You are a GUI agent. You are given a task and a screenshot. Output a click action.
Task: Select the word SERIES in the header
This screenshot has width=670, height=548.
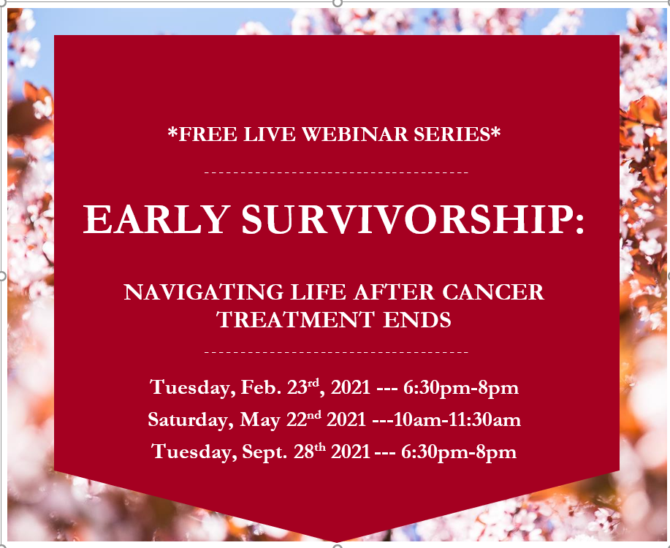click(x=452, y=134)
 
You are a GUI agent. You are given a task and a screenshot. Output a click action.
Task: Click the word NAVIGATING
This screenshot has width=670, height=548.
click(x=203, y=292)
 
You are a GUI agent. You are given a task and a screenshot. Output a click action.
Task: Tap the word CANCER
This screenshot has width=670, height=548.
click(x=493, y=292)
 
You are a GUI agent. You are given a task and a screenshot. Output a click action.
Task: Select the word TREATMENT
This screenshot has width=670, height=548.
click(x=295, y=320)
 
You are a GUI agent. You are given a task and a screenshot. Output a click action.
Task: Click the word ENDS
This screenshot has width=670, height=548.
click(x=416, y=320)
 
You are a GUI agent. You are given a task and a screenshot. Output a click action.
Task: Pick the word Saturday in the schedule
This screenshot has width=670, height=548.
click(x=191, y=419)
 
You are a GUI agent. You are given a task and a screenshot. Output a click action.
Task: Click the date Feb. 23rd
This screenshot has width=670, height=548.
click(x=280, y=387)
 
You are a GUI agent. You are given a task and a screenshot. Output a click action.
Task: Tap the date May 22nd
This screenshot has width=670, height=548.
click(x=281, y=419)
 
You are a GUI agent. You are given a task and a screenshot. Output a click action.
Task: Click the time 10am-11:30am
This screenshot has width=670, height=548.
click(x=457, y=419)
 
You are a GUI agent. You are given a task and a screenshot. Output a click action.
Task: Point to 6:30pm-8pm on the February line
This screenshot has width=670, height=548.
click(x=461, y=388)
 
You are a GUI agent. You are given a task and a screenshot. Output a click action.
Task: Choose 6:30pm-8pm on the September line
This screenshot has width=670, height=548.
click(x=459, y=452)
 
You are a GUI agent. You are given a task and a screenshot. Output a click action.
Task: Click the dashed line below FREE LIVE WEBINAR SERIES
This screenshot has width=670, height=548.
click(x=336, y=172)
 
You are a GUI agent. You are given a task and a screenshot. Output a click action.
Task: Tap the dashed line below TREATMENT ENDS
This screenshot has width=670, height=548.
click(x=336, y=352)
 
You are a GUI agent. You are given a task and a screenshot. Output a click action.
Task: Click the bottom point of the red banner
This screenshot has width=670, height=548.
click(x=337, y=542)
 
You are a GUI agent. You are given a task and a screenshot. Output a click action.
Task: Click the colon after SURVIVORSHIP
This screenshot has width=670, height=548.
click(x=579, y=224)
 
